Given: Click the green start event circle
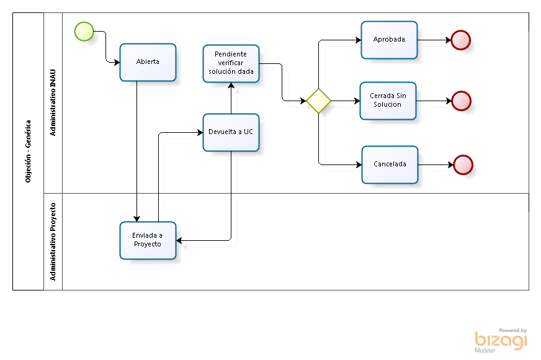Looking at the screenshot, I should [x=84, y=31].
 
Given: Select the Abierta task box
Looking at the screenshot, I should [x=148, y=62].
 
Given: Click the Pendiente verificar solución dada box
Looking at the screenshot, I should [x=231, y=63].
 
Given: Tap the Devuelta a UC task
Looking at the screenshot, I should [x=231, y=132].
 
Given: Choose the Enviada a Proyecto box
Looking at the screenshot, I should [x=148, y=240].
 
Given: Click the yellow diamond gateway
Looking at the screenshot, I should [x=318, y=101].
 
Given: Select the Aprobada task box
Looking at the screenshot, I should [x=389, y=40].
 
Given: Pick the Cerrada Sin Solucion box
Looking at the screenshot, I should [x=388, y=101].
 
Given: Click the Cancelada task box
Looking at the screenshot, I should [x=390, y=164].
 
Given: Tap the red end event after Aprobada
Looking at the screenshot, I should [x=460, y=40].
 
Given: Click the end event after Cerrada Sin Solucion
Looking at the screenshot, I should [x=461, y=101].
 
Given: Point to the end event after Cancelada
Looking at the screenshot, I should [x=463, y=164].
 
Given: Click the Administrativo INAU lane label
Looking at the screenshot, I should [x=53, y=103].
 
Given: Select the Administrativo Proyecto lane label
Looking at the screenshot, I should [x=53, y=241].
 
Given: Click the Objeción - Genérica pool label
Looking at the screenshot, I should [x=28, y=151].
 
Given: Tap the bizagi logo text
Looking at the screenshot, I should [x=501, y=340].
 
